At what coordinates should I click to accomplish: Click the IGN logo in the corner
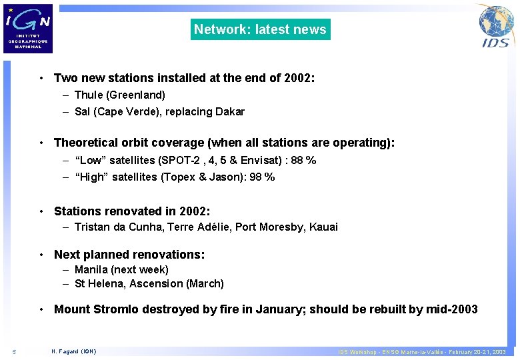point(27,28)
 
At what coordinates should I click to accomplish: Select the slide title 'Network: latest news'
point(260,29)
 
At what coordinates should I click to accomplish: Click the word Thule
point(89,95)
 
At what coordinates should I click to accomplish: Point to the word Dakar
point(230,112)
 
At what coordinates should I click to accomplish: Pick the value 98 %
point(261,177)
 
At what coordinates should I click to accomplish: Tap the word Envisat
point(261,161)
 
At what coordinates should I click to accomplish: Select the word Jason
point(225,177)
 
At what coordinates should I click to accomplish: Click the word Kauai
point(323,227)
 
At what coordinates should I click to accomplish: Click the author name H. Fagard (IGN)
point(73,351)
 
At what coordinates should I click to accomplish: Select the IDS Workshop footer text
point(421,351)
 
